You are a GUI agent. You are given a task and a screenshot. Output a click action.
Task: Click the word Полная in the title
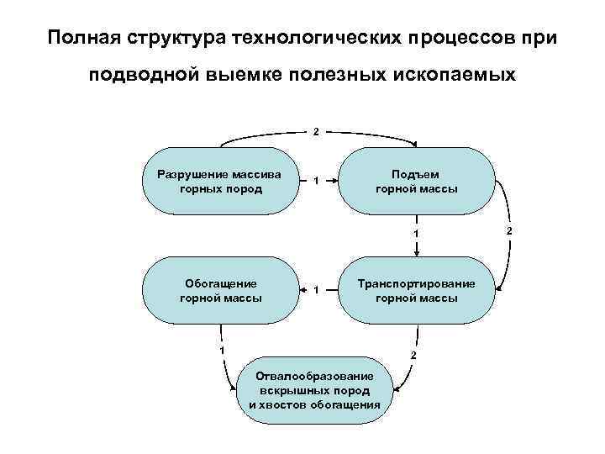(82, 38)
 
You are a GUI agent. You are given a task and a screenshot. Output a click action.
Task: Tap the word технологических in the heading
(317, 38)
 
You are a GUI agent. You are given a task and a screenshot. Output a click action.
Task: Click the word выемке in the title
(244, 75)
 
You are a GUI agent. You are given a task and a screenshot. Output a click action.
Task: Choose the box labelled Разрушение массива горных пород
(221, 182)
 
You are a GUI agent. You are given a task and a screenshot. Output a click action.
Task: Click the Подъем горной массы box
(416, 182)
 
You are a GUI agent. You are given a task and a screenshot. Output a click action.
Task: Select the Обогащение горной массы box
(221, 290)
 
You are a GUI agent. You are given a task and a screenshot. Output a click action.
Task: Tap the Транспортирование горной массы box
(416, 290)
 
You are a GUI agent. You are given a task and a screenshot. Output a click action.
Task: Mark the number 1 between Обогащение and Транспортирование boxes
(315, 290)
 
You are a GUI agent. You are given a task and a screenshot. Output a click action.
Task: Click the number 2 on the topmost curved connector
(316, 131)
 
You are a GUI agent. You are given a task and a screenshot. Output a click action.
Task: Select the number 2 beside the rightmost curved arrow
(508, 230)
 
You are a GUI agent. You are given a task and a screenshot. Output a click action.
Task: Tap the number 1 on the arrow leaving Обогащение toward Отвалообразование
(221, 349)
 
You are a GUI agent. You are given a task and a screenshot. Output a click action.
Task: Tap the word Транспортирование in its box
(416, 283)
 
